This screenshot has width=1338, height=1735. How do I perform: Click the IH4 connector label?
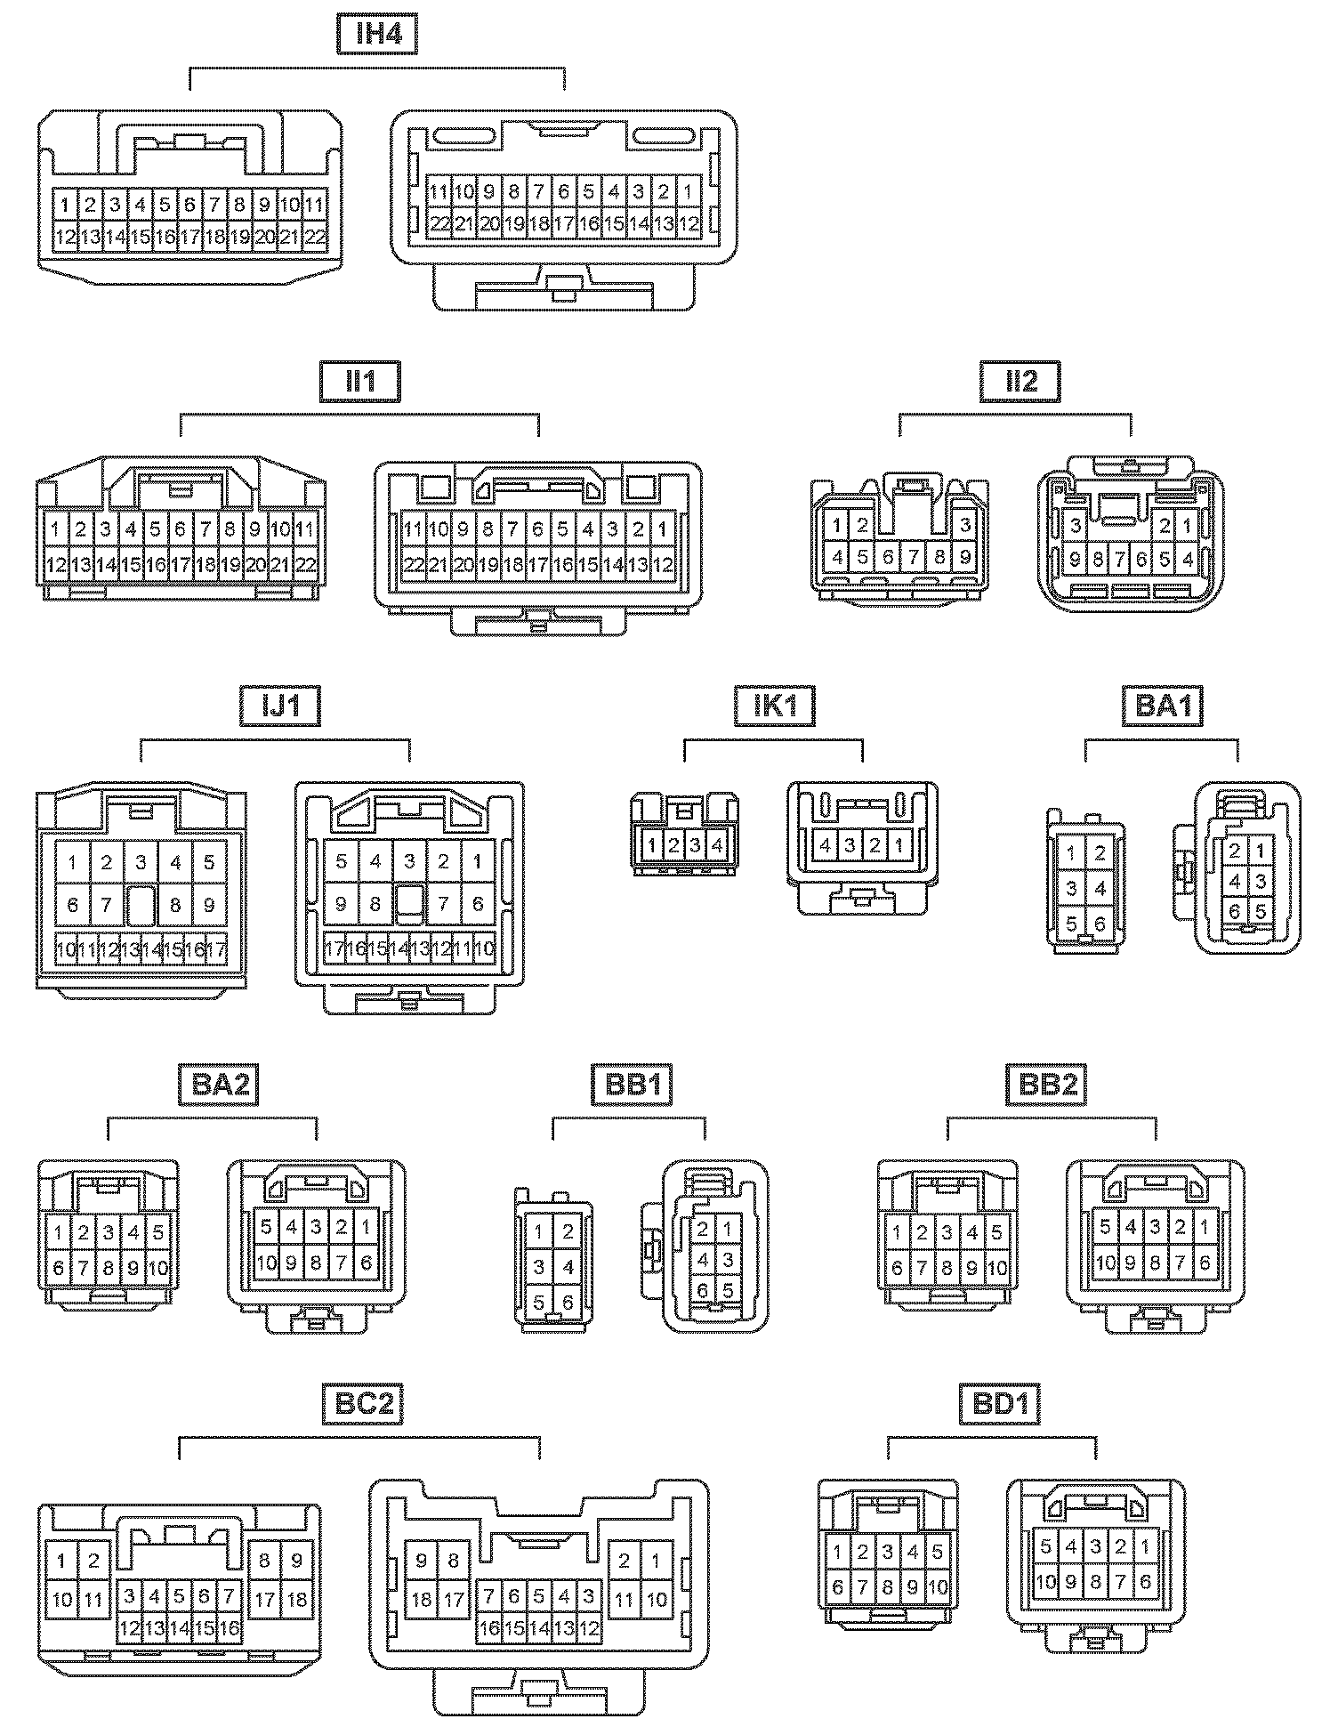click(x=377, y=35)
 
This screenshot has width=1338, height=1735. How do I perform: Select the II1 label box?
click(x=359, y=382)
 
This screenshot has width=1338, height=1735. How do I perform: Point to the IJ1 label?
click(x=279, y=706)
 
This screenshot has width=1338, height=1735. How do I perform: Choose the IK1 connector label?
click(x=774, y=706)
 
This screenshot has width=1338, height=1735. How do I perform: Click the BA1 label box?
click(x=1163, y=706)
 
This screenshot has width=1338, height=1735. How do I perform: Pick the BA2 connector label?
click(x=218, y=1085)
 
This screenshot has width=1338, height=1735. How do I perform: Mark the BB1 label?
click(x=632, y=1085)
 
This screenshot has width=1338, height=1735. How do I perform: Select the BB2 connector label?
click(x=1046, y=1085)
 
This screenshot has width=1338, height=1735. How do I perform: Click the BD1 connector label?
click(x=1000, y=1404)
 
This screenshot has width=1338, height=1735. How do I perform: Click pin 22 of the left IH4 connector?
click(x=316, y=238)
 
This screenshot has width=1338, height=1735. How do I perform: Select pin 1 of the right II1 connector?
click(x=663, y=529)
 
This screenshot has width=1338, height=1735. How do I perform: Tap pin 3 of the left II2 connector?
click(x=965, y=526)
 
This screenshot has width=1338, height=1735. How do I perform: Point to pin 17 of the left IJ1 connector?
click(x=217, y=950)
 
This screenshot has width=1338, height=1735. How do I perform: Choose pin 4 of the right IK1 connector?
click(x=825, y=845)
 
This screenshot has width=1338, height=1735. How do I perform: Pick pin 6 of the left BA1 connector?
click(x=1100, y=924)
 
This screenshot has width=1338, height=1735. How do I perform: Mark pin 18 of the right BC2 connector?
click(x=422, y=1600)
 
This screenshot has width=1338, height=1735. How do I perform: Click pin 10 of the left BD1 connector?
click(x=938, y=1586)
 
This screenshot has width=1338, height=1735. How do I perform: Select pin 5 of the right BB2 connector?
click(x=1104, y=1227)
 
